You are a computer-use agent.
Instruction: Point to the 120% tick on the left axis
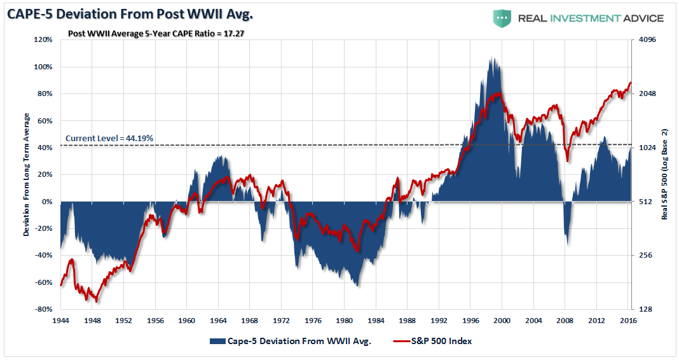(x=43, y=39)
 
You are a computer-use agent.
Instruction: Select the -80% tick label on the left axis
(x=43, y=309)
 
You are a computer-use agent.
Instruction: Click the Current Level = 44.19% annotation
(x=109, y=138)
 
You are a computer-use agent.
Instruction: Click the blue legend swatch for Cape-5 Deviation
(x=217, y=341)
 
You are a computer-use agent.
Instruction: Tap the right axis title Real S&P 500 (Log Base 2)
(x=665, y=174)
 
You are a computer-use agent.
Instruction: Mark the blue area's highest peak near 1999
(x=492, y=58)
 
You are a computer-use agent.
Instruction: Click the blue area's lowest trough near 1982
(x=358, y=286)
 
